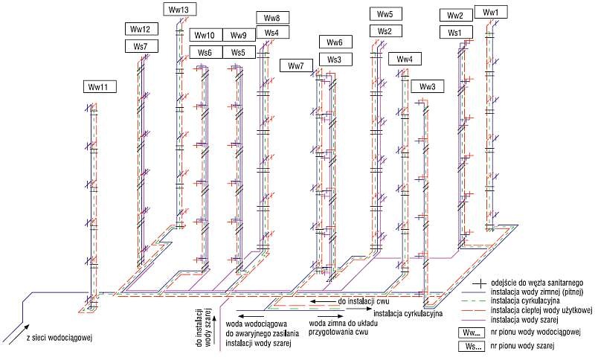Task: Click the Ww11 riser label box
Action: pyautogui.click(x=100, y=87)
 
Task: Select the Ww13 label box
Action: pyautogui.click(x=180, y=10)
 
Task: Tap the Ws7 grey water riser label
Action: pyautogui.click(x=141, y=46)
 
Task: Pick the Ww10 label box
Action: pyautogui.click(x=206, y=35)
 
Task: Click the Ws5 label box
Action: pyautogui.click(x=239, y=52)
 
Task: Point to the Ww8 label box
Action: pyautogui.click(x=273, y=17)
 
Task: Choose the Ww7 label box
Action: pyautogui.click(x=297, y=65)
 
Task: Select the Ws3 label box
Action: pyautogui.click(x=335, y=60)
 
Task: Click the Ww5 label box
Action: pyautogui.click(x=386, y=14)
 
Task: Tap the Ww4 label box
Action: pyautogui.click(x=405, y=59)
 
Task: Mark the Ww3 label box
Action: pyautogui.click(x=428, y=86)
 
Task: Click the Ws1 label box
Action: pyautogui.click(x=456, y=32)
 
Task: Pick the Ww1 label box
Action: pyautogui.click(x=491, y=12)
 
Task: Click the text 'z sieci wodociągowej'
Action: pyautogui.click(x=59, y=337)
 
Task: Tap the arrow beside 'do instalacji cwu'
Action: pyautogui.click(x=322, y=301)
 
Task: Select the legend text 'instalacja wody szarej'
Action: pyautogui.click(x=524, y=320)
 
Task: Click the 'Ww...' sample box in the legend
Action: pyautogui.click(x=472, y=332)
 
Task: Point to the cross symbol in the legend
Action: pyautogui.click(x=480, y=283)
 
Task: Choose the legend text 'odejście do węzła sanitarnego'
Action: pyautogui.click(x=537, y=283)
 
